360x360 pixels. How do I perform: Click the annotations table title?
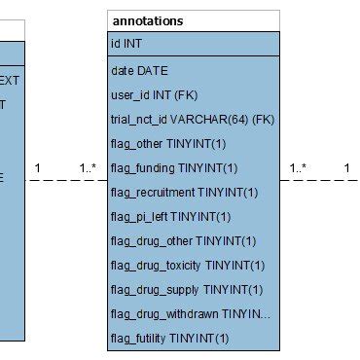[148, 20]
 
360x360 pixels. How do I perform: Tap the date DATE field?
[140, 70]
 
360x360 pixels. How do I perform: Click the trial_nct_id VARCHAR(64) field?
[192, 119]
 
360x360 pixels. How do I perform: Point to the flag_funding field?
[174, 167]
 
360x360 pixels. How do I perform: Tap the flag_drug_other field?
[184, 240]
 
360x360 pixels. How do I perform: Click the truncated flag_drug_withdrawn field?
[191, 313]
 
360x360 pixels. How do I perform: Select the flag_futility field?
[170, 338]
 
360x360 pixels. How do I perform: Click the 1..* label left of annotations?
[88, 168]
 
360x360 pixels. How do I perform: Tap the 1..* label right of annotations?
[298, 168]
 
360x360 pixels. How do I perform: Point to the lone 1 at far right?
[346, 168]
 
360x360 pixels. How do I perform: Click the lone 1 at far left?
[37, 168]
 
